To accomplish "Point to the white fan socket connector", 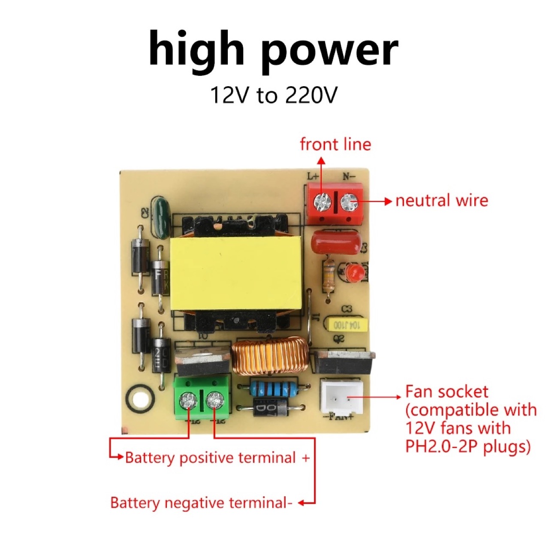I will pos(341,396).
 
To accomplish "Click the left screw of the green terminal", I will pos(187,401).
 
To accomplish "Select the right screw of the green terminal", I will pos(214,401).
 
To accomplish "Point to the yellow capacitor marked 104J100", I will pos(348,325).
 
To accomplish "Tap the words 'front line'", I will pos(335,145).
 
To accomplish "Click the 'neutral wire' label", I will pos(442,201).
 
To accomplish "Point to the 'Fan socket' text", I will pos(447,392).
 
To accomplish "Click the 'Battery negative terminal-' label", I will pos(202,503).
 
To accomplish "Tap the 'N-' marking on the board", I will pos(349,176).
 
